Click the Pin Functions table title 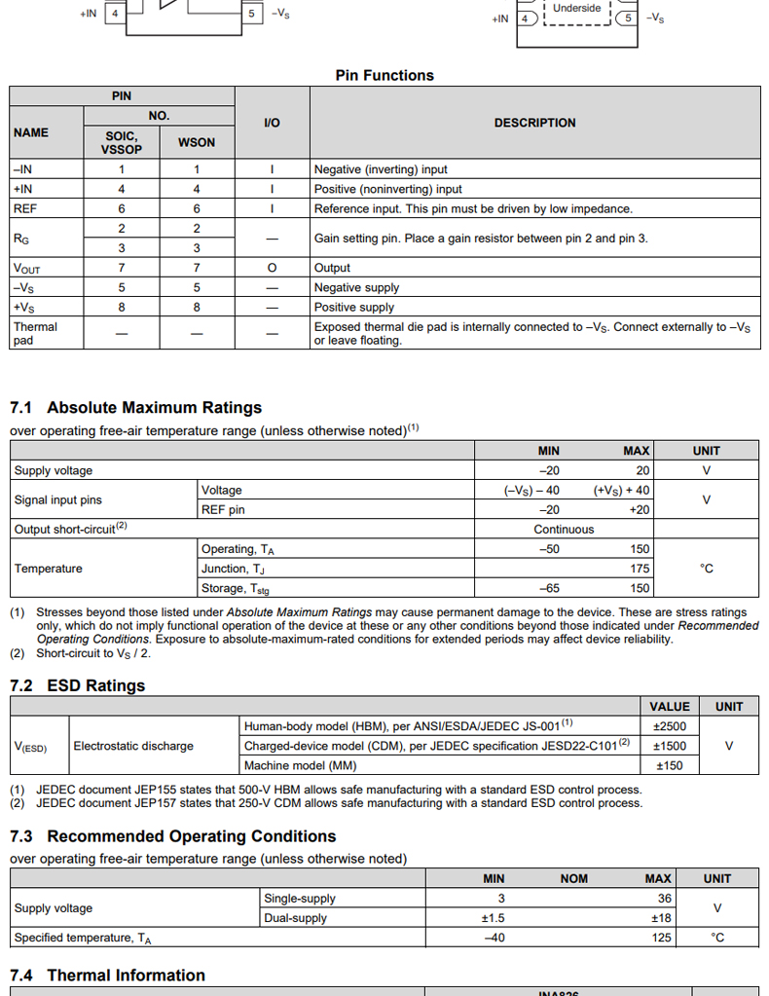pyautogui.click(x=384, y=75)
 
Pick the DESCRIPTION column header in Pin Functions pyautogui.click(x=534, y=123)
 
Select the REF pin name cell pyautogui.click(x=25, y=208)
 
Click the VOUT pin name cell pyautogui.click(x=27, y=268)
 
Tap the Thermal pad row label pyautogui.click(x=35, y=333)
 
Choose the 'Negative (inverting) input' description pyautogui.click(x=381, y=169)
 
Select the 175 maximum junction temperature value pyautogui.click(x=639, y=569)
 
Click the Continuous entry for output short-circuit pyautogui.click(x=563, y=530)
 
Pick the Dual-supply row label pyautogui.click(x=295, y=918)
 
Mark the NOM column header pyautogui.click(x=573, y=878)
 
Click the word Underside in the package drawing pyautogui.click(x=576, y=8)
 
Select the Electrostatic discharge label pyautogui.click(x=133, y=746)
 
